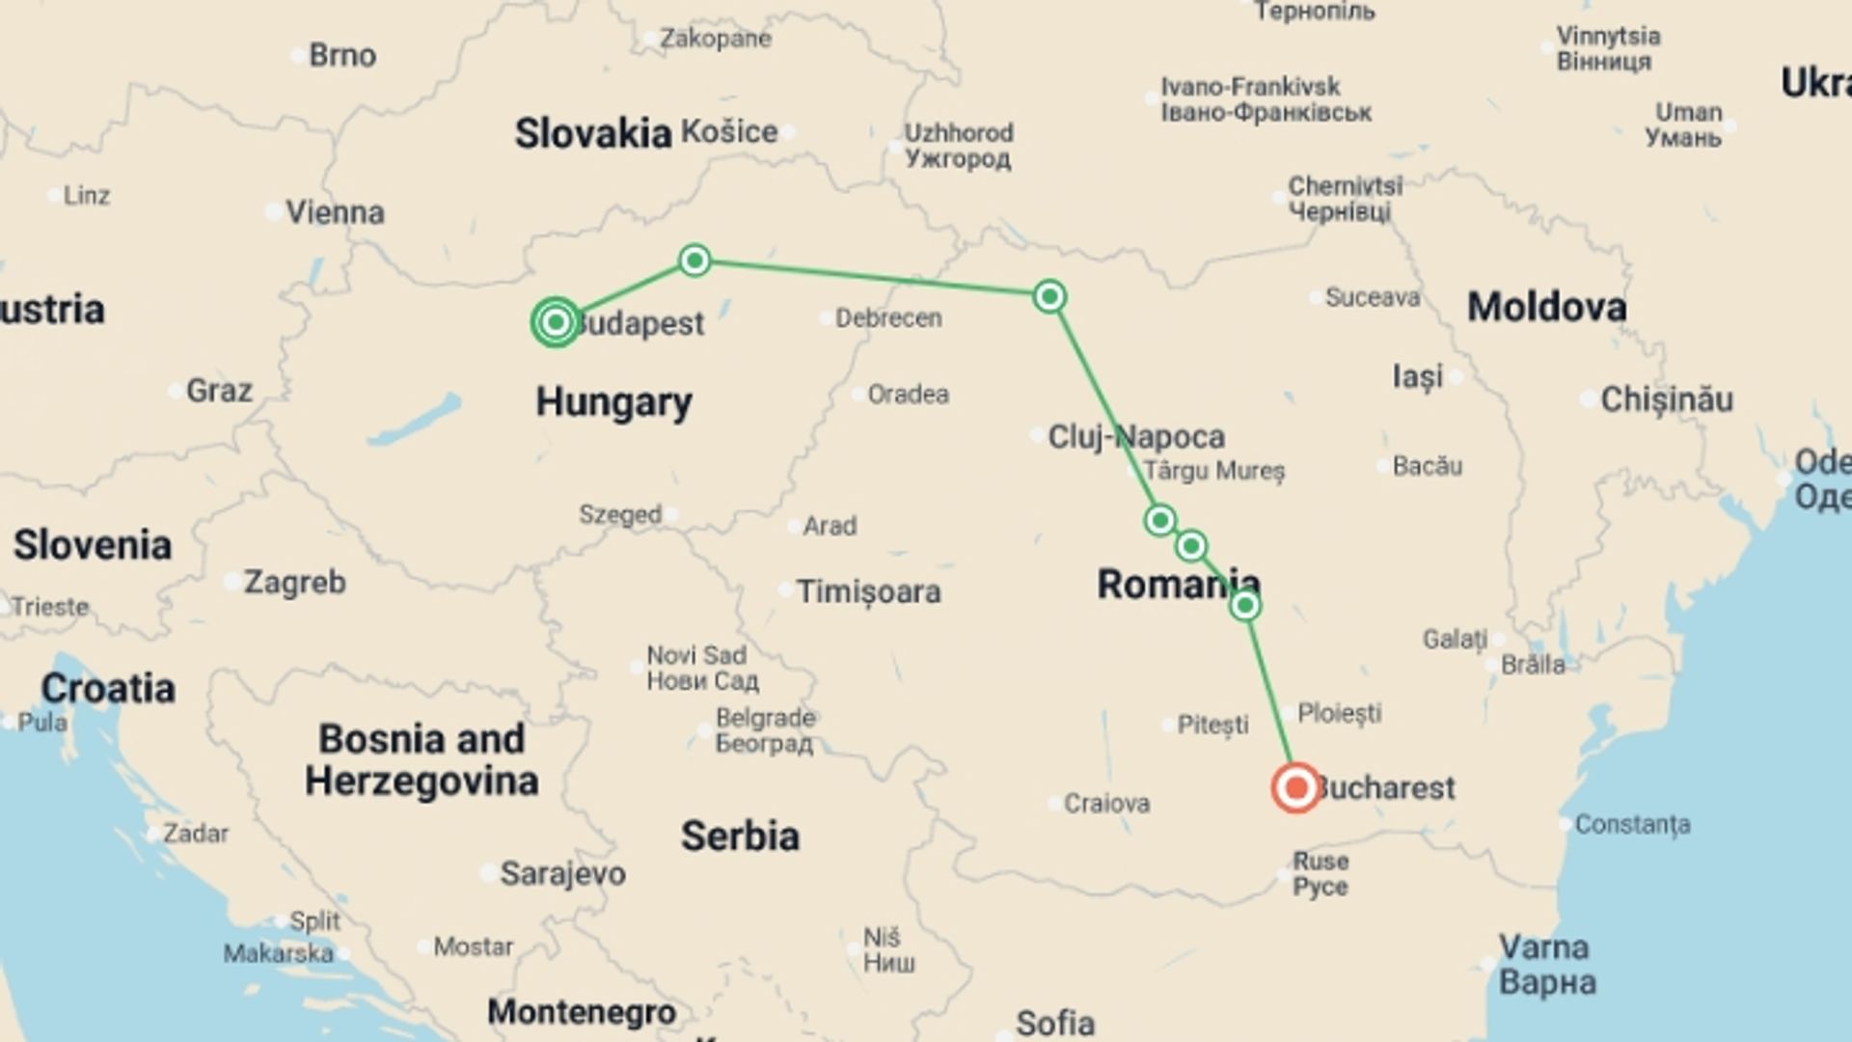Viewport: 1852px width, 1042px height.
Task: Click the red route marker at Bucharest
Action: [1295, 788]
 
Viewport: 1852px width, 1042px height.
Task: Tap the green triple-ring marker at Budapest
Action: [556, 321]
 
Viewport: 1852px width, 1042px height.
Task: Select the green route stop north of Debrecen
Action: [1049, 296]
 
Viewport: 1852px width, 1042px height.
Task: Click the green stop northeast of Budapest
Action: [694, 260]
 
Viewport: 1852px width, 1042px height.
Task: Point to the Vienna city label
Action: [335, 212]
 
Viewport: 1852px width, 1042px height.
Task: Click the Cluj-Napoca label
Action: [1136, 437]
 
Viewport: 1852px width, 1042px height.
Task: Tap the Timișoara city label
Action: [868, 591]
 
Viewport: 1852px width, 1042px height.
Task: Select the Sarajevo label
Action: [562, 874]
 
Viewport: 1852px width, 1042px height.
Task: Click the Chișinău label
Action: [1667, 399]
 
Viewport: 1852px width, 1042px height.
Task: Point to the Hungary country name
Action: [613, 402]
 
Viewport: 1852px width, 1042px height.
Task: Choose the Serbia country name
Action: [740, 836]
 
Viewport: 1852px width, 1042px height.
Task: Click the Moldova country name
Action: [1546, 308]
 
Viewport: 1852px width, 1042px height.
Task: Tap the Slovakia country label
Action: [592, 133]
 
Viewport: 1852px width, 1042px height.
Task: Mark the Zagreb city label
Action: [294, 583]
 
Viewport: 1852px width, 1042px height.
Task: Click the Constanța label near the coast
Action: [1632, 825]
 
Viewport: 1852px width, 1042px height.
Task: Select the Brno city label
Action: [342, 56]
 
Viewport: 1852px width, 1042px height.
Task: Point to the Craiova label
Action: [1106, 804]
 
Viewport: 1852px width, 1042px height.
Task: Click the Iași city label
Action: [1417, 376]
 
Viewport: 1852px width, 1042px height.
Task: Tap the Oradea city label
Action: [908, 395]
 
